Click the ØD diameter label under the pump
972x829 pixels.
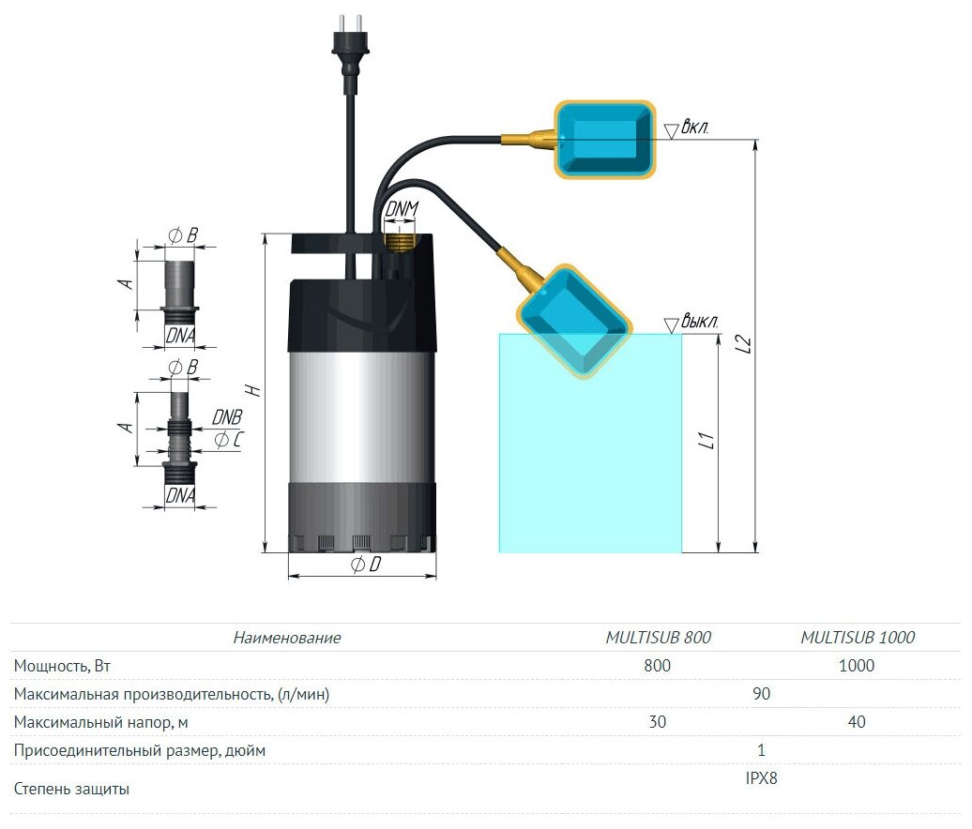[366, 565]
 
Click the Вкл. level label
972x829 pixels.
[698, 127]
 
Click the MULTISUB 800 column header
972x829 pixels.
[658, 638]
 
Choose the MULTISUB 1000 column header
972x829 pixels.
[857, 638]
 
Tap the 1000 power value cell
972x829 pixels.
[857, 666]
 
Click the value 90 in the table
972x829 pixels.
[762, 694]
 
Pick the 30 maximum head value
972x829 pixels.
[658, 722]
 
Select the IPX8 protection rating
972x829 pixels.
[761, 777]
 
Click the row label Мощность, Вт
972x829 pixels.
[68, 666]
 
